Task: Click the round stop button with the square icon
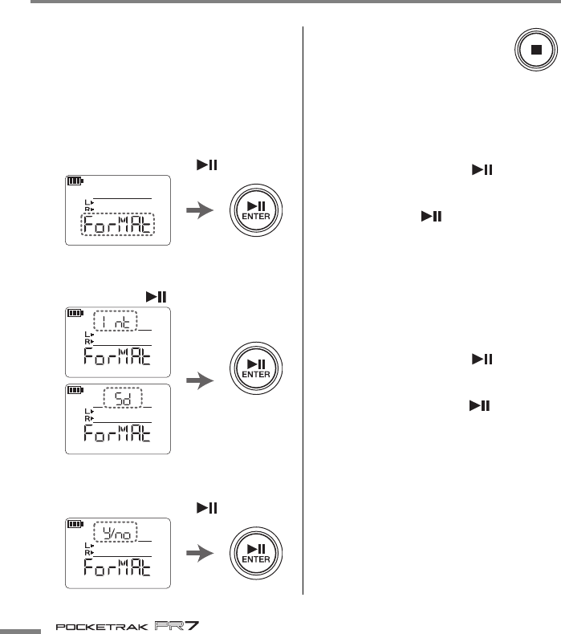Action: pos(532,49)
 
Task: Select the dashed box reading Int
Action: pos(116,321)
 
